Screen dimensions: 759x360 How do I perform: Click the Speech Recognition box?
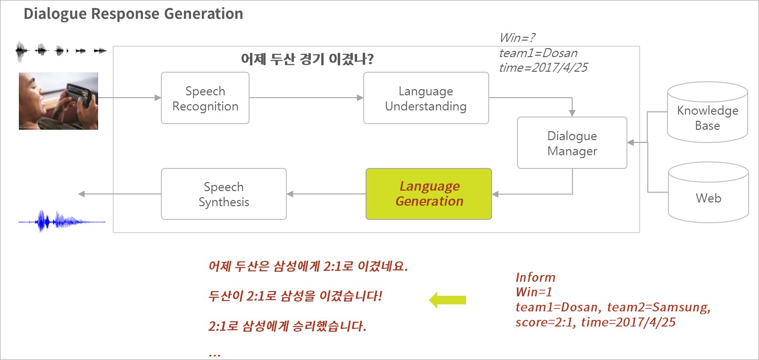(x=205, y=98)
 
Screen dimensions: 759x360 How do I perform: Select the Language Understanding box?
(x=426, y=98)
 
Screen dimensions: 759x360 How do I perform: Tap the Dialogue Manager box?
(x=572, y=142)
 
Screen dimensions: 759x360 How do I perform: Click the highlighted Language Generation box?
(x=429, y=194)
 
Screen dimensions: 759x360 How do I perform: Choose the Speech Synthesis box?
(x=224, y=194)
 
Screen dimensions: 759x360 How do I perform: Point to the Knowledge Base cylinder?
(x=708, y=112)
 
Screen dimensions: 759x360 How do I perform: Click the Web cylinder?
(x=708, y=192)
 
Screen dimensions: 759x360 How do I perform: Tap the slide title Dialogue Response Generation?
(x=133, y=14)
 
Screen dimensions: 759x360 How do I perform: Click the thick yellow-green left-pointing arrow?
(x=447, y=300)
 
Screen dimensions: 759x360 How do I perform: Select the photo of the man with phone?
(x=58, y=101)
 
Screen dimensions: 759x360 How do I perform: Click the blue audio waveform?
(x=62, y=221)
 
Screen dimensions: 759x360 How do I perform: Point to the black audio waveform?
(x=61, y=51)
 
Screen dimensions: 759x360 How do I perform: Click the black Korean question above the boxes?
(x=307, y=59)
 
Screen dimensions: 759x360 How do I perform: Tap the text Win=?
(x=517, y=38)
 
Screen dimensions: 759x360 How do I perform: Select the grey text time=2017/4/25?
(x=543, y=68)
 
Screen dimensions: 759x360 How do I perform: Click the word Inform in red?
(x=535, y=277)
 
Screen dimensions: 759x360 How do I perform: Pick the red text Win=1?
(x=534, y=292)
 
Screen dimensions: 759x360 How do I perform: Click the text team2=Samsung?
(x=659, y=308)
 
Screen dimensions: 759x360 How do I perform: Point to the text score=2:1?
(x=545, y=322)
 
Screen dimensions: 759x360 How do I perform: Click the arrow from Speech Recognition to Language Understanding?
(x=306, y=98)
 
